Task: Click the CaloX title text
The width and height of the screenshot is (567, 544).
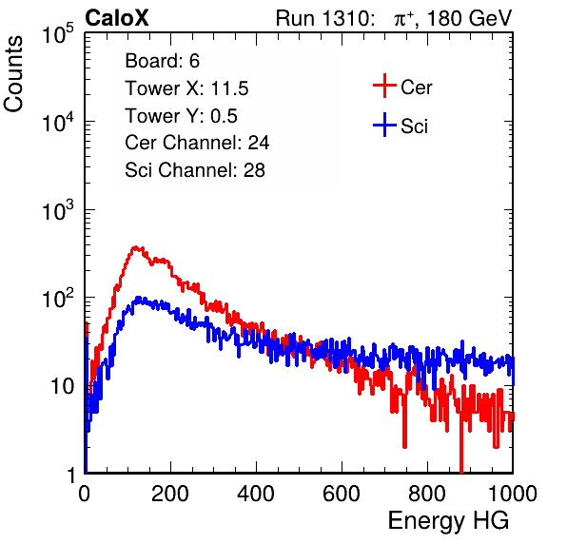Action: pyautogui.click(x=117, y=18)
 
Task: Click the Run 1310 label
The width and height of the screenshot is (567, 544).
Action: pyautogui.click(x=324, y=18)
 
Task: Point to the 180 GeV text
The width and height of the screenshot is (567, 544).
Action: pyautogui.click(x=469, y=18)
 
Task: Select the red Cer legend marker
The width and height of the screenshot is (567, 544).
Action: pyautogui.click(x=384, y=86)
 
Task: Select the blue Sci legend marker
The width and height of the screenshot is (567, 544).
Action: pyautogui.click(x=384, y=125)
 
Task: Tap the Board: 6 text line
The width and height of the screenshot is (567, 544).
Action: pyautogui.click(x=162, y=61)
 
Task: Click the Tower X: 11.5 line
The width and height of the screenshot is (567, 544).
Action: pyautogui.click(x=186, y=88)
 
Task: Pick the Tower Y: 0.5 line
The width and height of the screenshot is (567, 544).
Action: pyautogui.click(x=181, y=116)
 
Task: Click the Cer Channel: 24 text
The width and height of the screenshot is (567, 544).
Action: pyautogui.click(x=197, y=143)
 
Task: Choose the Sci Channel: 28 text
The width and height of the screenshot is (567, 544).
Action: pyautogui.click(x=195, y=170)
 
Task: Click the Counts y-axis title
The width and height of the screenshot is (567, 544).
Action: pyautogui.click(x=13, y=74)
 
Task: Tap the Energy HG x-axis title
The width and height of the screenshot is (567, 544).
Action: pyautogui.click(x=448, y=521)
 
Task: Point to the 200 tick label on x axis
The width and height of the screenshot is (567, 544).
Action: pyautogui.click(x=170, y=494)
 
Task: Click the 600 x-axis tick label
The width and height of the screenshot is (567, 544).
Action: pyautogui.click(x=342, y=494)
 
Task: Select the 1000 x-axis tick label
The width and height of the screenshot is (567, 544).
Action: pyautogui.click(x=513, y=494)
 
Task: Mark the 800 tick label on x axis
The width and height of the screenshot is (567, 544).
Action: pyautogui.click(x=427, y=494)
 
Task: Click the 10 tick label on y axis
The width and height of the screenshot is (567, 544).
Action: pyautogui.click(x=63, y=387)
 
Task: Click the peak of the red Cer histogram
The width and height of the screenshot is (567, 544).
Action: pyautogui.click(x=135, y=247)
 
